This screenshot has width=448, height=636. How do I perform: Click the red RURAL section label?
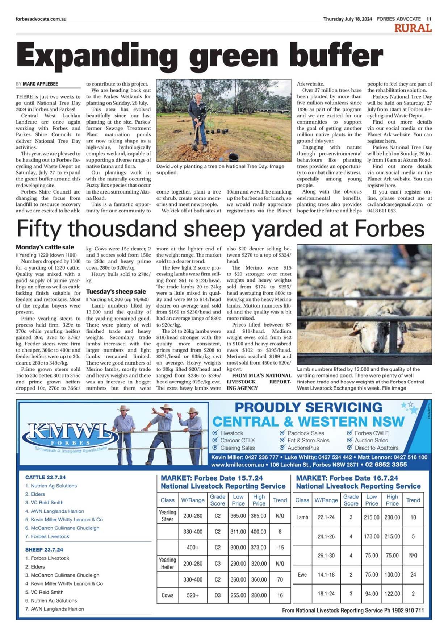tap(413, 28)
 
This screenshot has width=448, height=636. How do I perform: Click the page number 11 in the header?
tap(429, 19)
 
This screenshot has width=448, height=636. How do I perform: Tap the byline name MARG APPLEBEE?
tap(40, 84)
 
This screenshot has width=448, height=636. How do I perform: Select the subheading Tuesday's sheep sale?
tap(116, 291)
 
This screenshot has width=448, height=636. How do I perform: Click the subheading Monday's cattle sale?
tap(45, 247)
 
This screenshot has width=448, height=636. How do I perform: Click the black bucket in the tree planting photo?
tap(234, 157)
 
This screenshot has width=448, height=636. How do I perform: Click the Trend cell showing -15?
tap(280, 547)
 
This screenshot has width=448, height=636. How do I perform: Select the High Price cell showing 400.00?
tap(259, 532)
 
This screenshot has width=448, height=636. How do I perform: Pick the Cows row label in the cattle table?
tap(167, 595)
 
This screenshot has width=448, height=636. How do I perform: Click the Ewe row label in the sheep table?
tap(302, 574)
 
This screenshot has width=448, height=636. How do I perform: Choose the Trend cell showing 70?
tap(280, 579)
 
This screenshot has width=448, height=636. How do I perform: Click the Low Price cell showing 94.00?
tap(371, 594)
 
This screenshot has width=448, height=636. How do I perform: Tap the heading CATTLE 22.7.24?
tap(45, 477)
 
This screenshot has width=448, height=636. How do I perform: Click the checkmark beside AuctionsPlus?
tap(282, 448)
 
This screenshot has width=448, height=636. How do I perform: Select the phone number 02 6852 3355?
tap(386, 464)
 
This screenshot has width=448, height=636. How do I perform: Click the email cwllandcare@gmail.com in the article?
tap(395, 204)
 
